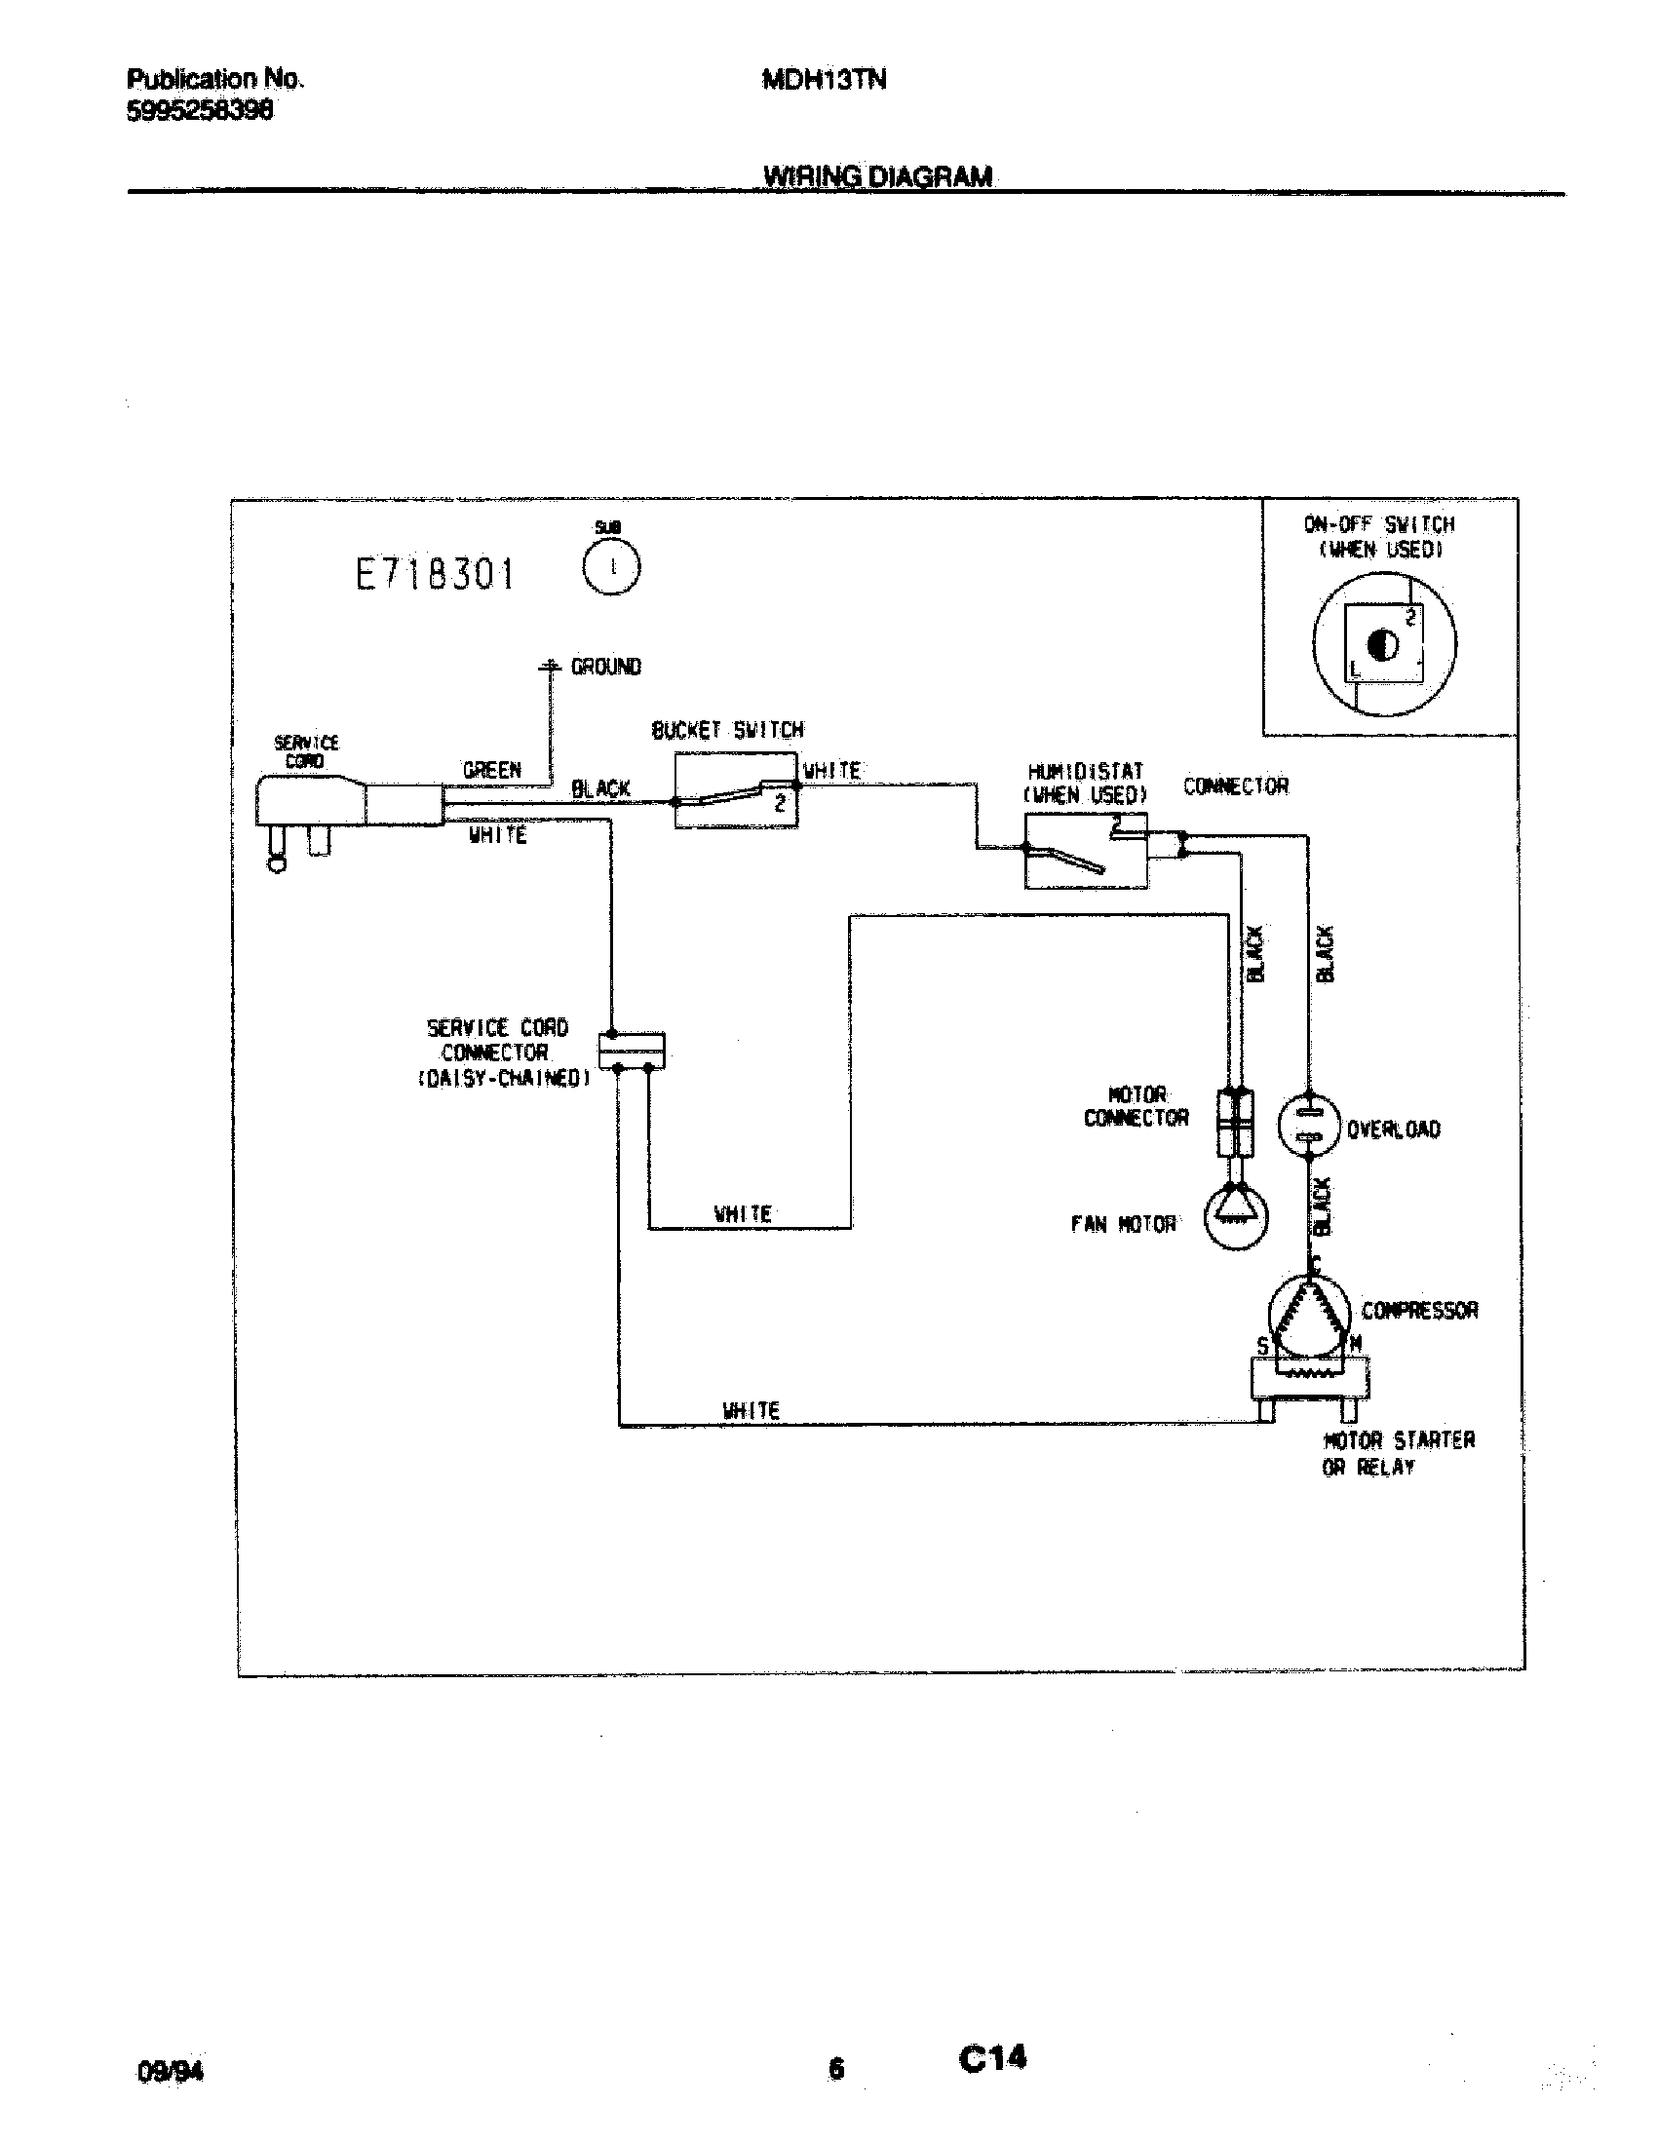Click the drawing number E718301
435,574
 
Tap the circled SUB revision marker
611,568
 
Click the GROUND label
605,667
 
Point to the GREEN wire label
492,771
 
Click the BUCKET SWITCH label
727,730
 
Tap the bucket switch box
735,791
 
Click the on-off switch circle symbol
1384,644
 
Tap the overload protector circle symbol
1308,1125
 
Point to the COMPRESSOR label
1418,1311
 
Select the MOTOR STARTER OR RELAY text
1398,1453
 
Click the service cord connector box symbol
632,1051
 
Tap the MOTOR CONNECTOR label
1136,1106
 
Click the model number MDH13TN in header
824,81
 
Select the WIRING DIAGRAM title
877,176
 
